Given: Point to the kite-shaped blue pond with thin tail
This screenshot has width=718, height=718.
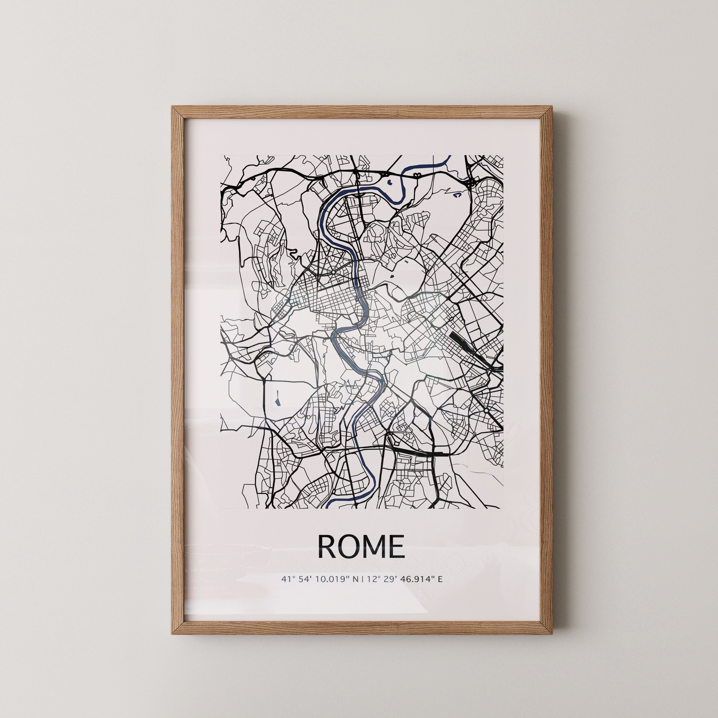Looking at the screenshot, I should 277,399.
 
